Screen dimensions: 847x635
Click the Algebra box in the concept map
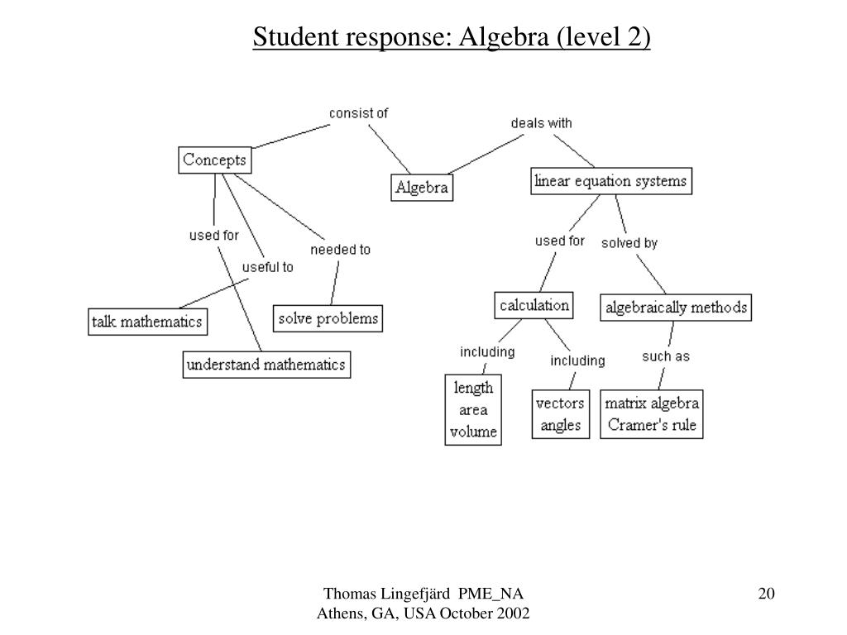tap(422, 188)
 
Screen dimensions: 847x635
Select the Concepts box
tap(214, 160)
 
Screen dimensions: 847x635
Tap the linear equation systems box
tap(611, 181)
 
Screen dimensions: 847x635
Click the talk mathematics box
tap(147, 322)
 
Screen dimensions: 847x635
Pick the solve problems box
tap(328, 318)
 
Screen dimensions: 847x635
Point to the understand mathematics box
tap(266, 365)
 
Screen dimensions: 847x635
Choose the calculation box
tap(534, 306)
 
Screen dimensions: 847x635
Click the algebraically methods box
tap(676, 308)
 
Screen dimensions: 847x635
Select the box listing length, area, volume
tap(473, 410)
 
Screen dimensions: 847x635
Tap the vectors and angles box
tap(561, 414)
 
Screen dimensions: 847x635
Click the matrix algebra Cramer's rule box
tap(652, 414)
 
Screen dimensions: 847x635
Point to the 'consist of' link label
tap(359, 113)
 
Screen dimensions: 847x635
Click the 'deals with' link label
tap(541, 123)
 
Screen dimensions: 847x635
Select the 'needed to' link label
tap(340, 250)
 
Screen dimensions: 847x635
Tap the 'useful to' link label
tap(267, 267)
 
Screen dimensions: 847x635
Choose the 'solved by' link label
tap(629, 243)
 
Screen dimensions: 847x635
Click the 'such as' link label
tap(666, 356)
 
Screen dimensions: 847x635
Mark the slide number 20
tap(767, 594)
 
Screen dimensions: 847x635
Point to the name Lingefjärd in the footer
tap(415, 594)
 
